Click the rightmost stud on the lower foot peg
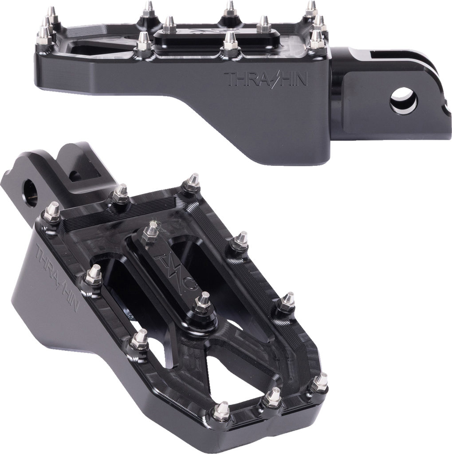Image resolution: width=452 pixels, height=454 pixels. coord(319,382)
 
